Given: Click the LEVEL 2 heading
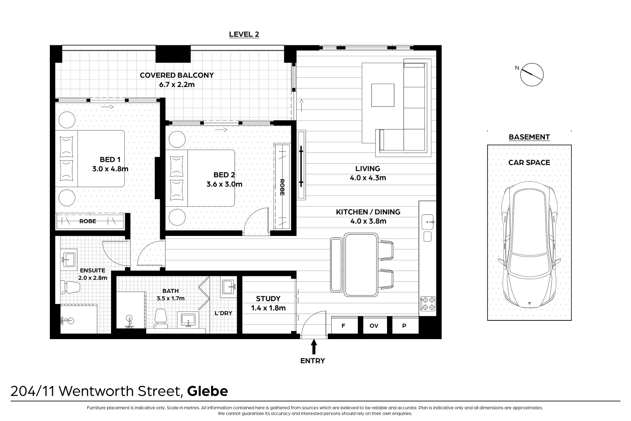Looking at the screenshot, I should [x=244, y=34].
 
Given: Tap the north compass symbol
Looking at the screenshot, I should [x=532, y=74].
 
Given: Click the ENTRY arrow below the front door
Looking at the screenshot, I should [x=314, y=347].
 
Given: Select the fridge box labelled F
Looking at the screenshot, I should [x=343, y=325].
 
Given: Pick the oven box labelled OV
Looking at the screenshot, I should [x=373, y=325].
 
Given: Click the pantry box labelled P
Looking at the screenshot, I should [x=404, y=325].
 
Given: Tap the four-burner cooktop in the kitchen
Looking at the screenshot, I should [x=428, y=304].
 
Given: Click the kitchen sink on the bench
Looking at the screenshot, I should [x=428, y=222].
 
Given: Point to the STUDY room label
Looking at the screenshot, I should [x=268, y=299].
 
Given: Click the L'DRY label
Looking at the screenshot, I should [x=223, y=313].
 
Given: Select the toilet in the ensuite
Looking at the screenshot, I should [x=70, y=287].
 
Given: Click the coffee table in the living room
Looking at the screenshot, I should [x=383, y=95].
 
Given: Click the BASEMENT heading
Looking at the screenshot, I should [x=529, y=137].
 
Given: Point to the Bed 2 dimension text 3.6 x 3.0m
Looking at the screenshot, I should [x=224, y=184].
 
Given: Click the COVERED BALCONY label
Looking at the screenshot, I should [x=177, y=75].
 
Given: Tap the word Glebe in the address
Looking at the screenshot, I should [x=208, y=391].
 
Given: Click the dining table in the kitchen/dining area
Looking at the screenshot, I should [x=361, y=264].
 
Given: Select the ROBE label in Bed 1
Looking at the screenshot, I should [x=88, y=221].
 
